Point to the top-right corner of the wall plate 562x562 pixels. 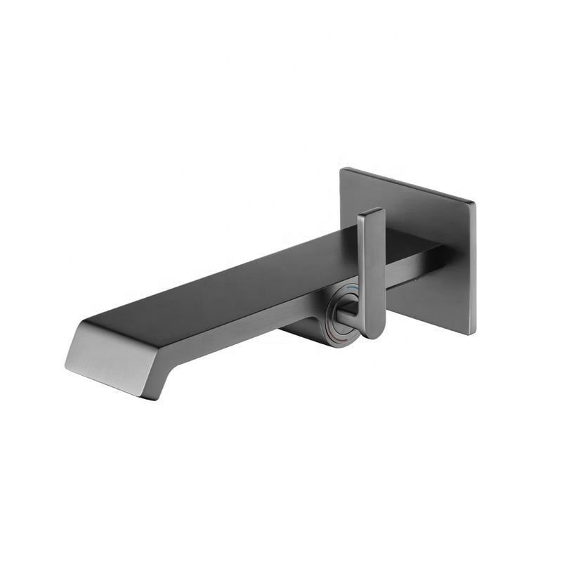475,204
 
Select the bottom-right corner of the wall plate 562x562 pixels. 476,334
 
